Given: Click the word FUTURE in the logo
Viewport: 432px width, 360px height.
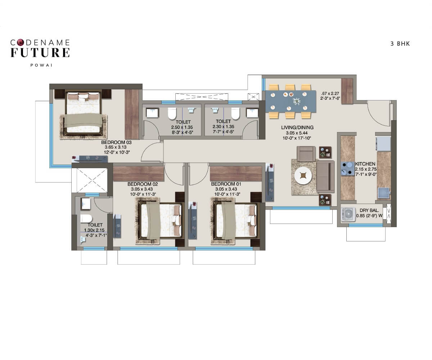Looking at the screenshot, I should click(x=40, y=53).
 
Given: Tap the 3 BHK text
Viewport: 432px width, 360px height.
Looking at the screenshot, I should click(x=400, y=44).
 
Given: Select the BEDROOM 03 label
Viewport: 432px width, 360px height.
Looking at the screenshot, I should click(x=116, y=143).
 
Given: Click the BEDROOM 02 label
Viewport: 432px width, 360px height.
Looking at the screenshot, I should click(x=143, y=184).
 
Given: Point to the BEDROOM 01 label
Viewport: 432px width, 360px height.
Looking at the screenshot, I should click(x=226, y=184).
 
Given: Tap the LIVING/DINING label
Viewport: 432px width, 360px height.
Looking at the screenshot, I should click(x=297, y=127).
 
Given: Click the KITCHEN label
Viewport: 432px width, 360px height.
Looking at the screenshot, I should click(x=365, y=164).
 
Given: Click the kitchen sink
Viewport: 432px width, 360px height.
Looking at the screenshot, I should click(x=383, y=193).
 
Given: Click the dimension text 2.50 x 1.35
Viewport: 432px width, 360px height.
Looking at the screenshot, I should click(x=183, y=127).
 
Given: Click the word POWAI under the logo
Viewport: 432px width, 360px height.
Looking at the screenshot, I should click(x=40, y=66).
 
